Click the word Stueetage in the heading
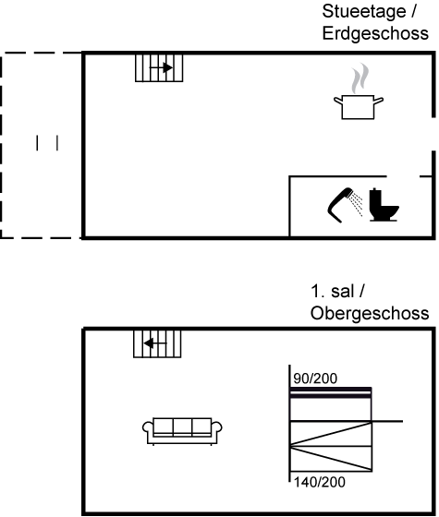point(364,11)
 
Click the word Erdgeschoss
point(375,33)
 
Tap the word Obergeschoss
point(370,313)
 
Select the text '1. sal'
point(333,291)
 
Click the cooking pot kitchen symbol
point(359,106)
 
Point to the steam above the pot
point(360,78)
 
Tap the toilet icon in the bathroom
point(384,204)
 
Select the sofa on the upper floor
point(182,431)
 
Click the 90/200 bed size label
point(315,379)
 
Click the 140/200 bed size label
point(319,482)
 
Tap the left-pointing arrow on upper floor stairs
point(155,343)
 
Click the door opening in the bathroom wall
point(403,176)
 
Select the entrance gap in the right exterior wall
point(433,134)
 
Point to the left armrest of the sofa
point(148,428)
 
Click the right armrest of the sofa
point(216,428)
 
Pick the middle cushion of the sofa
point(182,426)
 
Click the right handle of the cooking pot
point(379,100)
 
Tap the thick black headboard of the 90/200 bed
point(331,392)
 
